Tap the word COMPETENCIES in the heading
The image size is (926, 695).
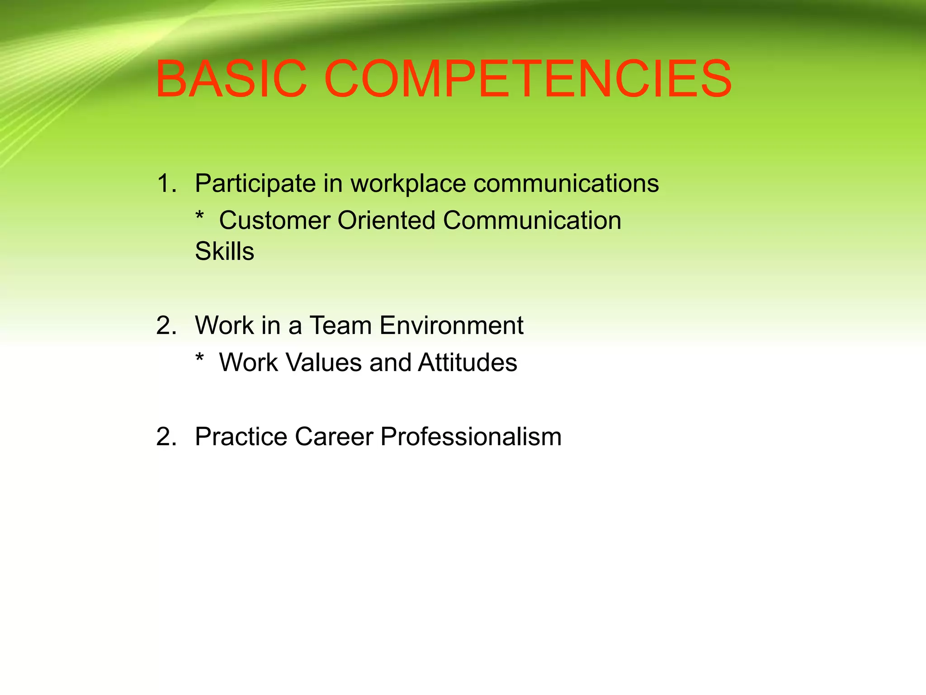[528, 79]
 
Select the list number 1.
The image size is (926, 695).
[166, 184]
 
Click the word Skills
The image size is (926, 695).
[225, 252]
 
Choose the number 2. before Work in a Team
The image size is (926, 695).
[166, 326]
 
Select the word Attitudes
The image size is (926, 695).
[468, 363]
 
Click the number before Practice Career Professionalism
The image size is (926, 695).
[166, 437]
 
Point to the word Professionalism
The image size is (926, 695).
[471, 437]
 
